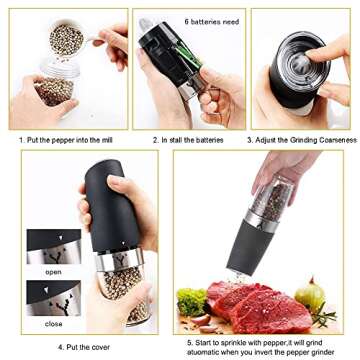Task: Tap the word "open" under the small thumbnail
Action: click(52, 270)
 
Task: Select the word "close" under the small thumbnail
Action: click(52, 323)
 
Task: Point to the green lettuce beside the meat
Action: click(191, 301)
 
